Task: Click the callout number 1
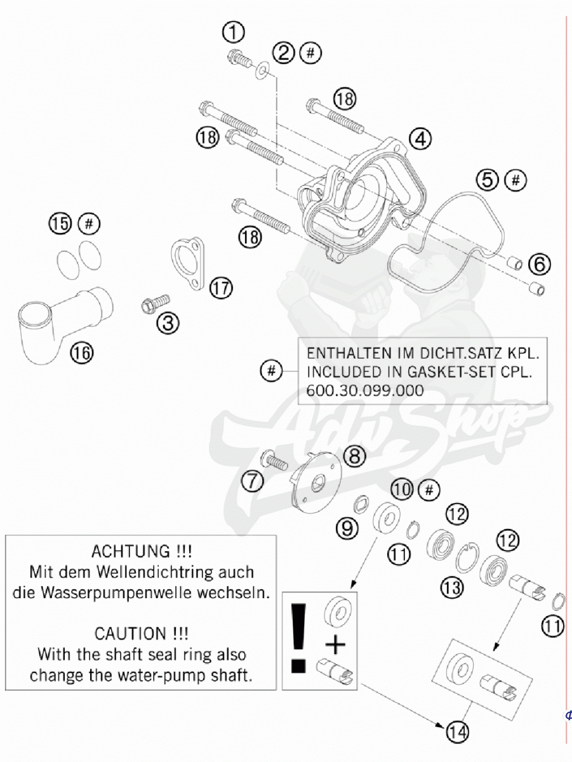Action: [x=234, y=32]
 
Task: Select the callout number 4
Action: [x=420, y=139]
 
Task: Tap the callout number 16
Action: [x=83, y=352]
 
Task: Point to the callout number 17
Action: [x=221, y=288]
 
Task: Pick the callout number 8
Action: [x=354, y=456]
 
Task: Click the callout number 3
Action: [x=168, y=324]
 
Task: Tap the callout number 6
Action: [x=540, y=264]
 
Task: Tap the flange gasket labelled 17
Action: [x=188, y=263]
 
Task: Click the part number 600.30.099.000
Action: [x=365, y=391]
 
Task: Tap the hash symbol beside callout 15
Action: [x=89, y=224]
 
